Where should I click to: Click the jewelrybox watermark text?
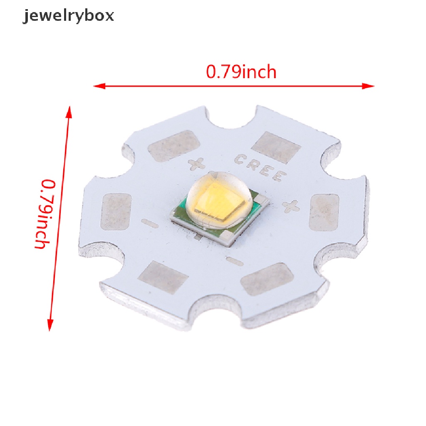[x=68, y=16]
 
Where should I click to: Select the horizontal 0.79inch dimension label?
[x=241, y=72]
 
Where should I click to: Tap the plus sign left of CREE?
[x=194, y=164]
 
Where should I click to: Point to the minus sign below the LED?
[x=235, y=261]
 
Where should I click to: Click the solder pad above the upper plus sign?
[x=174, y=145]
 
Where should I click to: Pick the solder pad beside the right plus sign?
[x=325, y=212]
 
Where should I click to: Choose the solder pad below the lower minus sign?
[x=261, y=279]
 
